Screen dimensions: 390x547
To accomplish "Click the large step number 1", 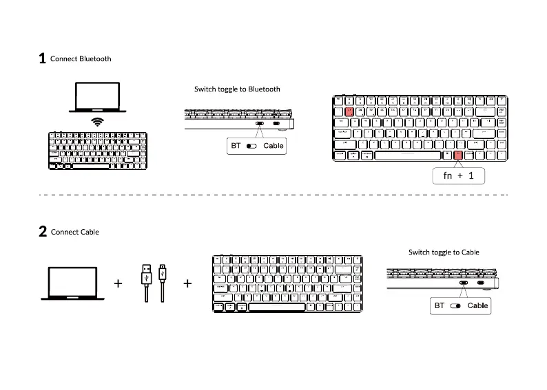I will [x=42, y=59].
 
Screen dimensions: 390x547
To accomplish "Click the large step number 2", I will [x=43, y=232].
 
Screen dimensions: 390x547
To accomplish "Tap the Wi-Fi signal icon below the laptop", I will [x=98, y=122].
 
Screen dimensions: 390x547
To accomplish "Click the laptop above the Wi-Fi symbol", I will [x=97, y=98].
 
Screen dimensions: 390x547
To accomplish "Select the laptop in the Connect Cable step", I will [x=72, y=283].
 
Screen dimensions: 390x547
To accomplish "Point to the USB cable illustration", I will [x=153, y=281].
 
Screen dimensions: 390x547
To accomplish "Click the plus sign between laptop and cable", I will [x=118, y=283].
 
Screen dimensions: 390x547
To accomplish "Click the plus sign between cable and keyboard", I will [x=187, y=283].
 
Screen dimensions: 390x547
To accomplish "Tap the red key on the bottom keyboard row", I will [x=458, y=155].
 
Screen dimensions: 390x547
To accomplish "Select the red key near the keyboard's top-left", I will [x=349, y=110].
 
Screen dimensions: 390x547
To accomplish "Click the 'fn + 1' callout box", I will [x=459, y=176].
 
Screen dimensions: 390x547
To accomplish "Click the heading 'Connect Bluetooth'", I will [x=81, y=59].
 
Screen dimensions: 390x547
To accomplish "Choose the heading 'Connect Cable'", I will [x=74, y=232].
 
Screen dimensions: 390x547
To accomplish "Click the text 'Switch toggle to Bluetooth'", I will [x=237, y=89].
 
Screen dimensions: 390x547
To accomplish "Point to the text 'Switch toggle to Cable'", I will [x=444, y=252].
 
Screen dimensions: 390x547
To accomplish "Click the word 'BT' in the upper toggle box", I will [x=236, y=146].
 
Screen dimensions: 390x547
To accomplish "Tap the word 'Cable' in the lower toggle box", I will [x=477, y=305].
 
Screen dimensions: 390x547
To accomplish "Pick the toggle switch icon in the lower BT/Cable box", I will [x=455, y=305].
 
